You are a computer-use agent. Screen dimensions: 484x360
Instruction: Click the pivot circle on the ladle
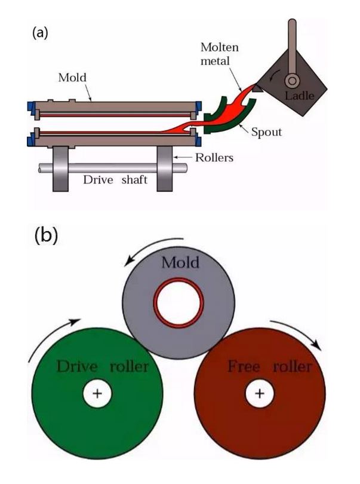coord(293,79)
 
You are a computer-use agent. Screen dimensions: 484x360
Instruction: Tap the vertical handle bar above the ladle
coord(293,42)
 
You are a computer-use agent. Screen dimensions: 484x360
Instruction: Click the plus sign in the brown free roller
coord(259,393)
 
